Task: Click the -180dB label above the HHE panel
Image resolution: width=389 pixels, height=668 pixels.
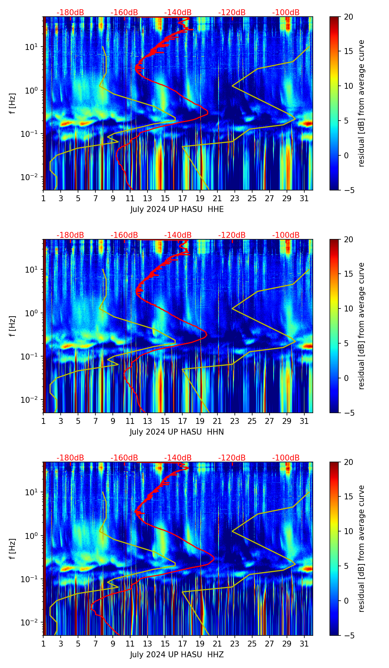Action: pyautogui.click(x=70, y=13)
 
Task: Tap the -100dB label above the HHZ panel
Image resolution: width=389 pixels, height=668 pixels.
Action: pyautogui.click(x=286, y=458)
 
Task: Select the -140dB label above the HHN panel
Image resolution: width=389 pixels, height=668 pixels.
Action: pyautogui.click(x=178, y=235)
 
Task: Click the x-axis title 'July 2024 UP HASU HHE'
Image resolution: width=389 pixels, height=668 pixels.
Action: pyautogui.click(x=177, y=209)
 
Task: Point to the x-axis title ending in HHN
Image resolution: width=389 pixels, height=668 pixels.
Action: pyautogui.click(x=177, y=432)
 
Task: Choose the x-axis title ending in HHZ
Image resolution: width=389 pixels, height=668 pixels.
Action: pyautogui.click(x=177, y=655)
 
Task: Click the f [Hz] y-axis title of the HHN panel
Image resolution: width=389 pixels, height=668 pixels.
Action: pyautogui.click(x=13, y=326)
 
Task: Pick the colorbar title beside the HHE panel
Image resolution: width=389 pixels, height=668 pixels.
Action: pyautogui.click(x=361, y=103)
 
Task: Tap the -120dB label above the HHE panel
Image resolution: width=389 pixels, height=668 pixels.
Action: pyautogui.click(x=232, y=13)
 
